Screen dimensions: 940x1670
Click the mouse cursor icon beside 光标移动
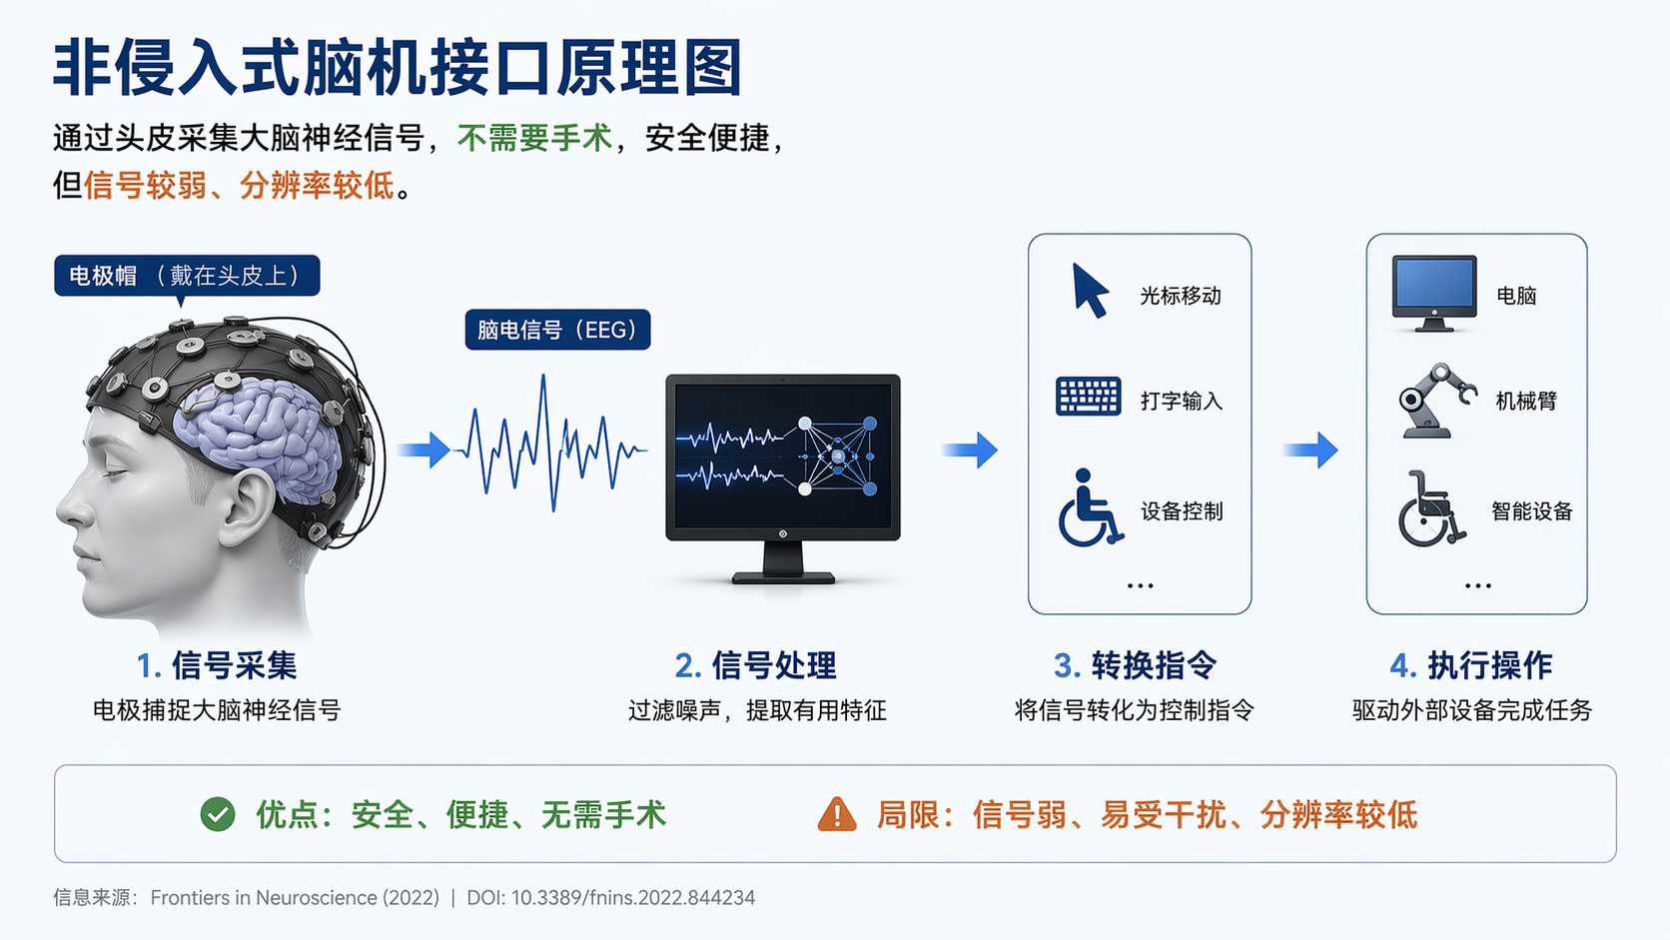pyautogui.click(x=1090, y=291)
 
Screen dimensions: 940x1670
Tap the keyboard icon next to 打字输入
pyautogui.click(x=1088, y=397)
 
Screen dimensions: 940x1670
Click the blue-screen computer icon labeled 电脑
pyautogui.click(x=1434, y=293)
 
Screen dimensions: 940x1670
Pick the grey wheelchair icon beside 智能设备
pyautogui.click(x=1431, y=509)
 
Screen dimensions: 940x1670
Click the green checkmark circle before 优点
pyautogui.click(x=218, y=815)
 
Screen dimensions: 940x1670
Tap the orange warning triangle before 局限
pyautogui.click(x=837, y=815)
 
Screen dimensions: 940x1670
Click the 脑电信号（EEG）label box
pyautogui.click(x=557, y=330)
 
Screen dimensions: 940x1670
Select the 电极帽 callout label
pyautogui.click(x=187, y=276)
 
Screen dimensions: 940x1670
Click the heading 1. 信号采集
pyautogui.click(x=217, y=665)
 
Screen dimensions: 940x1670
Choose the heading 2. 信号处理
pyautogui.click(x=755, y=665)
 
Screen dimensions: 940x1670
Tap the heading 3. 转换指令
pyautogui.click(x=1136, y=665)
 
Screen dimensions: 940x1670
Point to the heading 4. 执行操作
pyautogui.click(x=1471, y=665)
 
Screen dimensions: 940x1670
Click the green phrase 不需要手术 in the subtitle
pyautogui.click(x=534, y=138)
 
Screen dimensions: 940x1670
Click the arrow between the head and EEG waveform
pyautogui.click(x=424, y=450)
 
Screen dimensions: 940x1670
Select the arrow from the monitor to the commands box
pyautogui.click(x=970, y=450)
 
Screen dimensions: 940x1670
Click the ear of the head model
pyautogui.click(x=248, y=506)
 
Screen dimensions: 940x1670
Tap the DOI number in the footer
pyautogui.click(x=633, y=898)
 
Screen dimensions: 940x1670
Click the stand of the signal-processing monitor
pyautogui.click(x=783, y=561)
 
